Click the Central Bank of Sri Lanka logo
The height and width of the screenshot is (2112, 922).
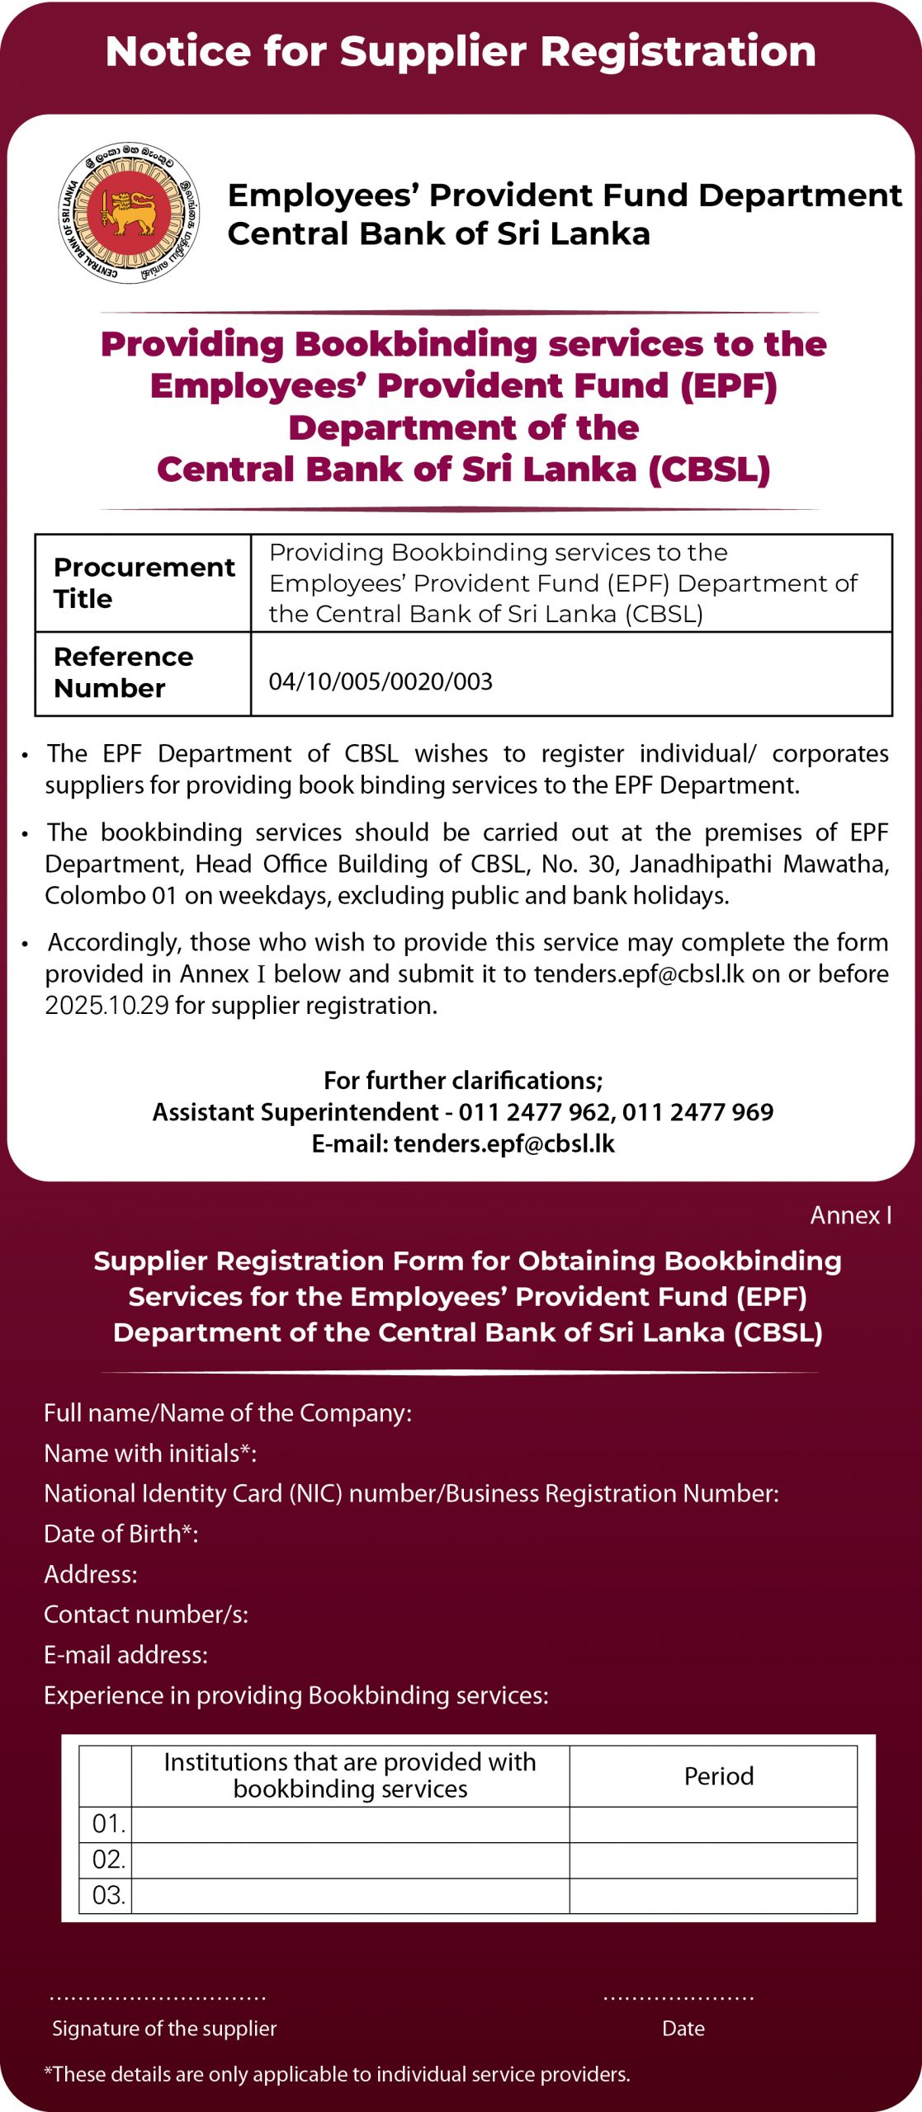pos(129,213)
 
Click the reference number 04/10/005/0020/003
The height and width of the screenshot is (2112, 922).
pos(381,681)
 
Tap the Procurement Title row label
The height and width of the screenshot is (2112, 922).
pos(143,582)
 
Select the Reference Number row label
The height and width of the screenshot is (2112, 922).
pos(123,672)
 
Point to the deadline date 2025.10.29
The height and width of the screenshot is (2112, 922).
pos(106,1006)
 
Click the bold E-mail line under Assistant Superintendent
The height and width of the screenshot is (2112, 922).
pos(463,1143)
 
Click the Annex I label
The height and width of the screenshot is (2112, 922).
pos(850,1215)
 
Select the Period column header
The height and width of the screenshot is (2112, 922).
pos(718,1776)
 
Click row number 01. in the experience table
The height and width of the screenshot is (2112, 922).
pos(108,1824)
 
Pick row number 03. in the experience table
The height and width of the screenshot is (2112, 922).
pos(108,1895)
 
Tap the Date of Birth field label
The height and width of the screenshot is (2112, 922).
pos(121,1534)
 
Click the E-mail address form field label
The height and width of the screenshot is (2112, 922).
pos(125,1655)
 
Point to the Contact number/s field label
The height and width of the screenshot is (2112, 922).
pos(145,1615)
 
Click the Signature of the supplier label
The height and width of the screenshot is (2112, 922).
pos(164,2029)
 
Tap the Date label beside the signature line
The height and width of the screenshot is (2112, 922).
pos(683,2029)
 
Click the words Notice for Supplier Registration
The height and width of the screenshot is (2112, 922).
pos(461,51)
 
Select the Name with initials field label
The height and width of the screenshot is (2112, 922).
pos(149,1453)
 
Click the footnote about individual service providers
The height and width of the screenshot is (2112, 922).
pos(337,2074)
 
